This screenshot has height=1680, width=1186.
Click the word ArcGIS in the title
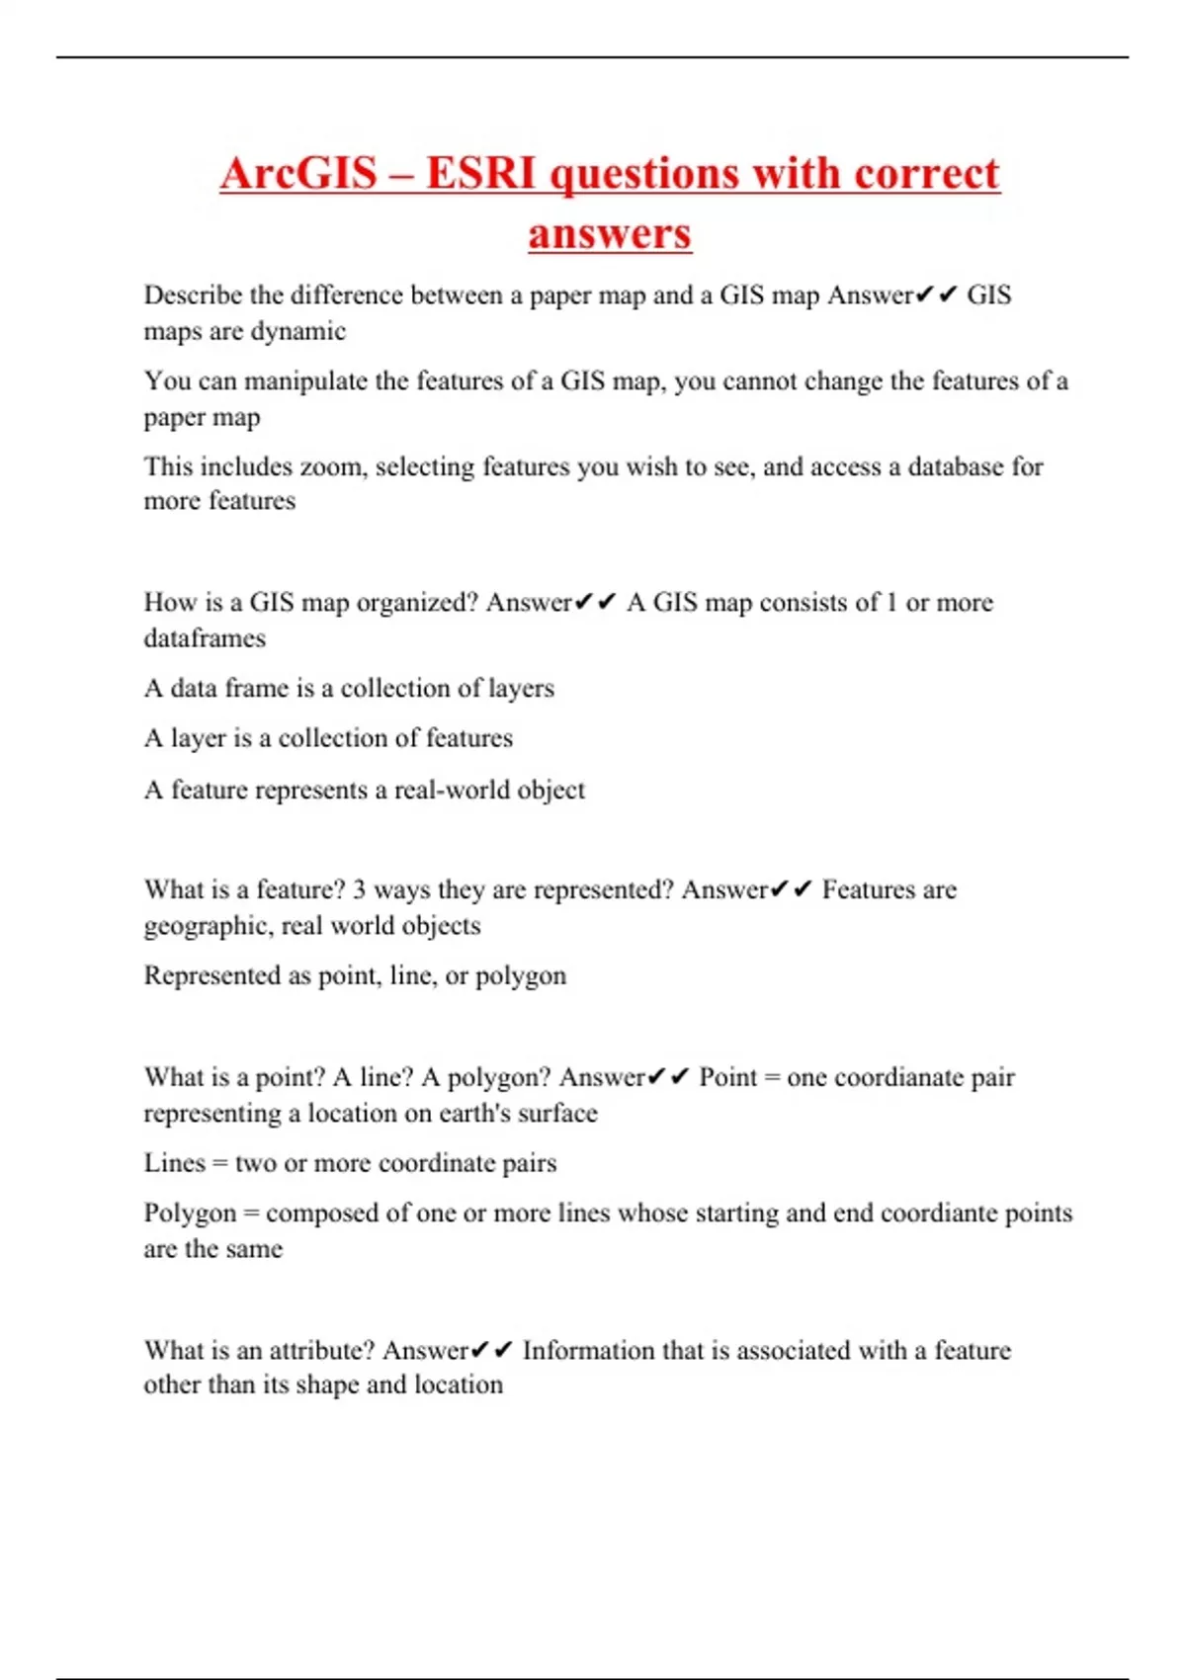(298, 174)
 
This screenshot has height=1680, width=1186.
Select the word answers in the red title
(609, 234)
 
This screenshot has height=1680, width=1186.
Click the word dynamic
(297, 331)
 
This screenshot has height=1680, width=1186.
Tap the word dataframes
(205, 638)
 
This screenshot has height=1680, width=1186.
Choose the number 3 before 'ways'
(359, 889)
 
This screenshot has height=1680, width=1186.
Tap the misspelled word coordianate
(898, 1077)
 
